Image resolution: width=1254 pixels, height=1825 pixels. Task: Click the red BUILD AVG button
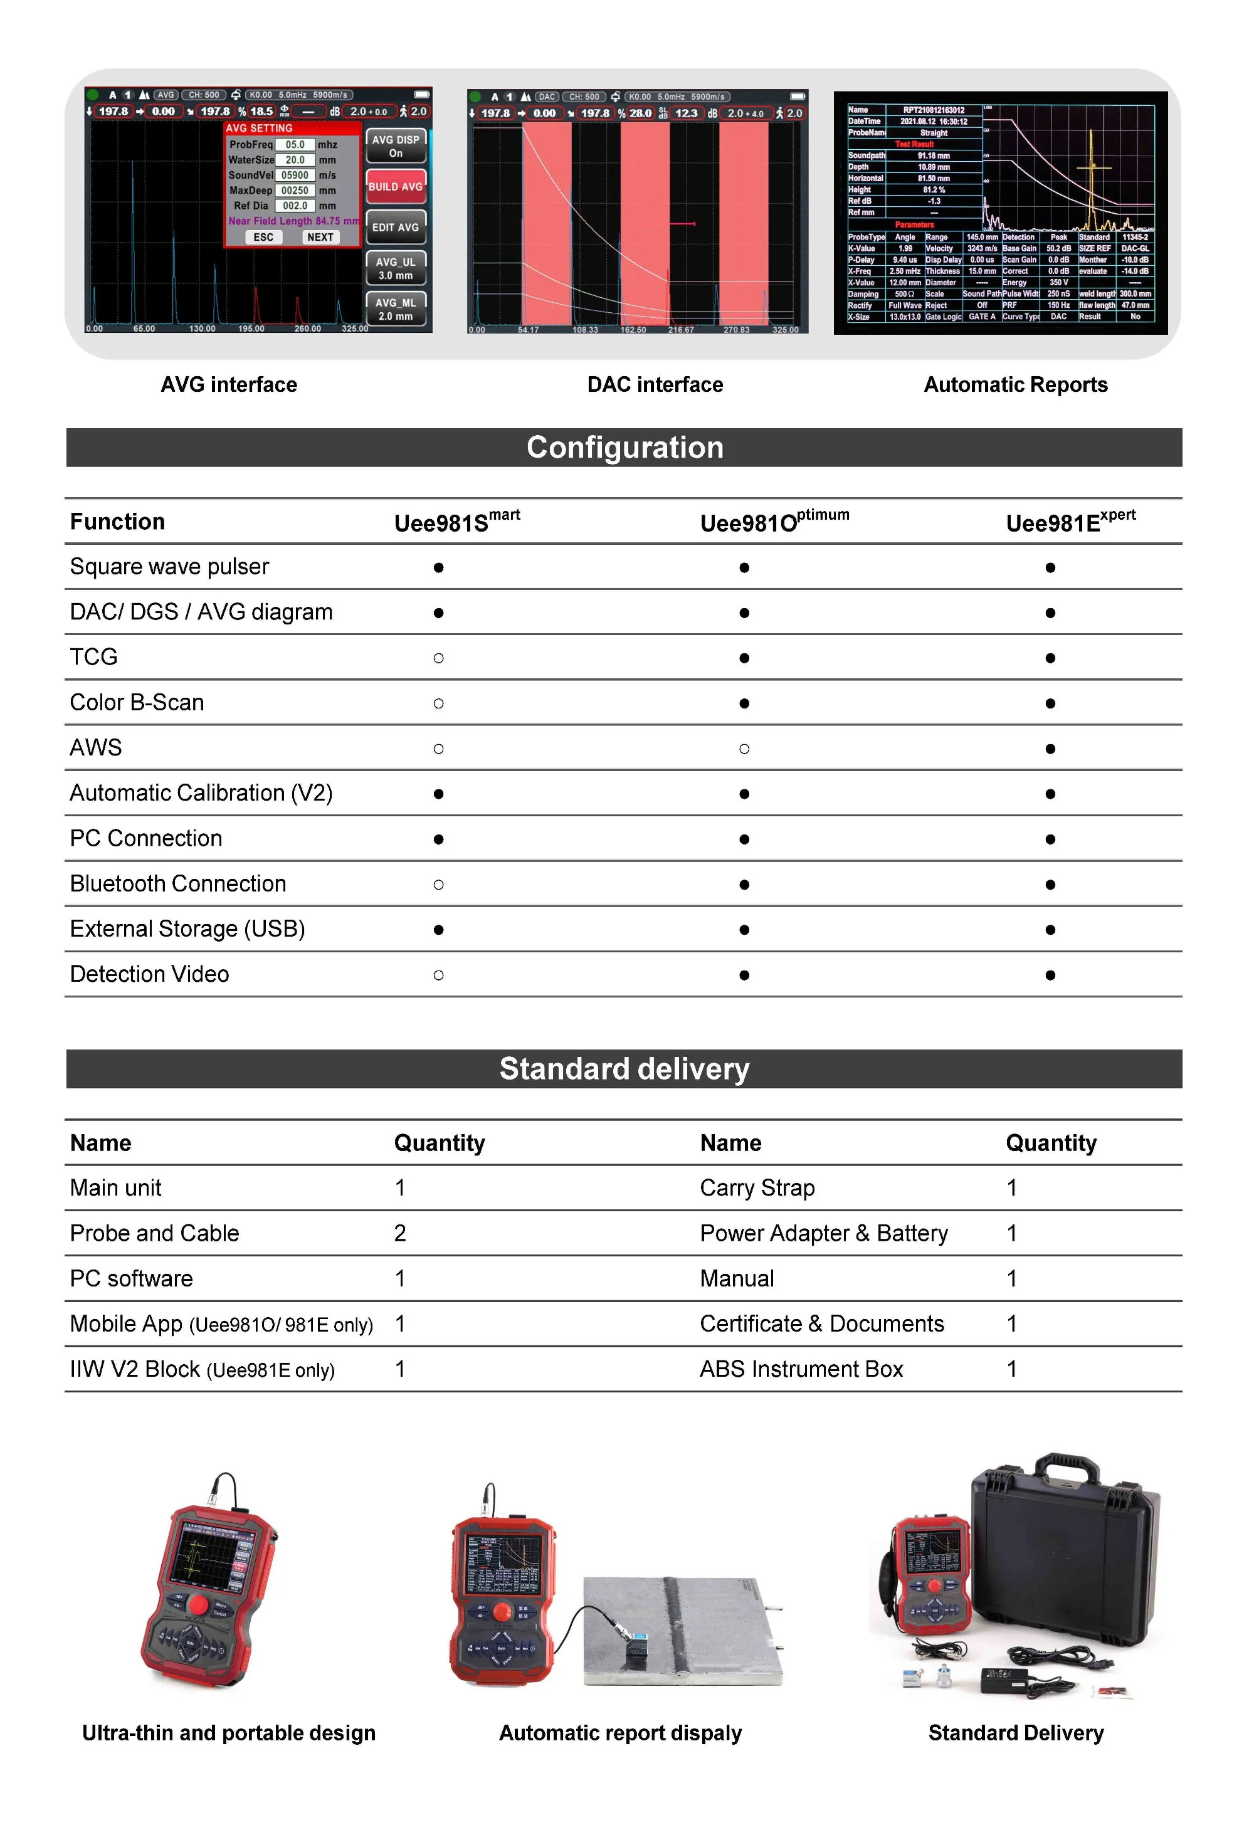pos(395,187)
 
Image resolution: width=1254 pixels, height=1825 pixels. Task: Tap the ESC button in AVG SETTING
pos(263,237)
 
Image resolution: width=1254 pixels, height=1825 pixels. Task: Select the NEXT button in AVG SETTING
pos(320,237)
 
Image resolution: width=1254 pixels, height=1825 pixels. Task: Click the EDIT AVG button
pos(395,228)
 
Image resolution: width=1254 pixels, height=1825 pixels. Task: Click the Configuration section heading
pos(624,448)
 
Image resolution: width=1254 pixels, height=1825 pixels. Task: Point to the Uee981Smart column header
pos(456,522)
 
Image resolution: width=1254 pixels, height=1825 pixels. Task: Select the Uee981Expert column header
pos(1070,522)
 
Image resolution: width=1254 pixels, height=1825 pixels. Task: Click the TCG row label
pos(93,657)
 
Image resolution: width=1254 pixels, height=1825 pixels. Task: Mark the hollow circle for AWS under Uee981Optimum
pos(744,749)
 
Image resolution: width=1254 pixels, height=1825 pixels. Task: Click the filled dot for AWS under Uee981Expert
pos(1050,749)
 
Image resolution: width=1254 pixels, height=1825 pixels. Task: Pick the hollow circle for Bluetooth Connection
pos(438,885)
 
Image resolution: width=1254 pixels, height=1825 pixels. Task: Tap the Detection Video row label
pos(149,974)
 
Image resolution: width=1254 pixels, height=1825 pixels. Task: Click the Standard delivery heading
pos(624,1069)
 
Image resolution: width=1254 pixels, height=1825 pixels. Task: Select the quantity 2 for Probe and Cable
pos(400,1233)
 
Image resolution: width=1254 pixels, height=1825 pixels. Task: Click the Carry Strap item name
pos(757,1188)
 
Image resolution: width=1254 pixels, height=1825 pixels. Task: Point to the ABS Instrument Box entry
pos(801,1369)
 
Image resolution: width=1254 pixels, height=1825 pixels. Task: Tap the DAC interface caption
pos(655,385)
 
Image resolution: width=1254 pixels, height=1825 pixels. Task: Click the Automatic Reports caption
pos(1015,385)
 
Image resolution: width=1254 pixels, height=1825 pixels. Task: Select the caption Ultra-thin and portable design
pos(229,1733)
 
